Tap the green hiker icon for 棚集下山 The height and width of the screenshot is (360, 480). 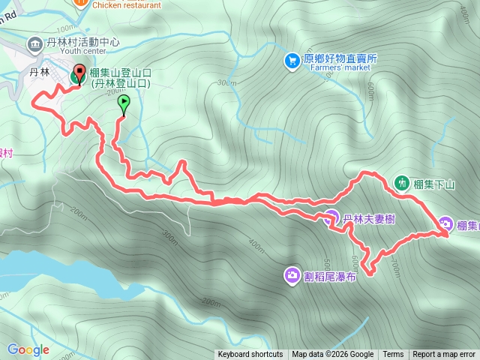tap(402, 183)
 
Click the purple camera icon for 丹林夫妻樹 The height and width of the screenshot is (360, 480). tap(331, 219)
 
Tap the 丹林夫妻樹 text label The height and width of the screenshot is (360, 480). tap(369, 220)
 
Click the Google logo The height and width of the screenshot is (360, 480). tap(28, 349)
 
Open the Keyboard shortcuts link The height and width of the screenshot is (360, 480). tap(250, 355)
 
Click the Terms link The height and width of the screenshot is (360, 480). tap(393, 355)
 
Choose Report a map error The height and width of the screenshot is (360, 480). tap(444, 355)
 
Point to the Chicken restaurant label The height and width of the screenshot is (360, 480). tap(127, 4)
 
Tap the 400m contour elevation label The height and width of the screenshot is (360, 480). tap(256, 245)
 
